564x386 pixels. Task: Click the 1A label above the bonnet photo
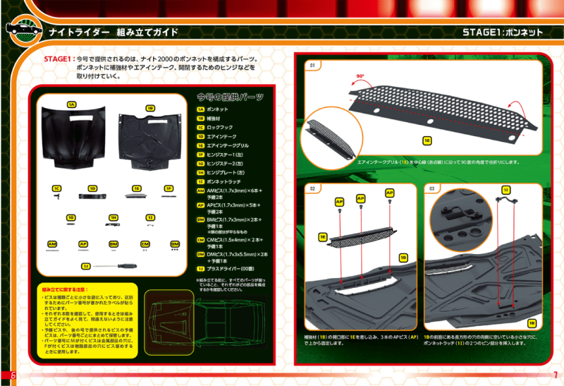point(71,104)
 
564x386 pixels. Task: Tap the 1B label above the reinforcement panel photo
point(150,109)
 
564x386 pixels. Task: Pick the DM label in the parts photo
point(175,244)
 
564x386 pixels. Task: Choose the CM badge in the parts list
point(201,240)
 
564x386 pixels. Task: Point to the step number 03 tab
point(432,188)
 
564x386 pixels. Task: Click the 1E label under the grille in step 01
point(427,140)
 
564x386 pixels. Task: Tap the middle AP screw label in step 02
point(362,198)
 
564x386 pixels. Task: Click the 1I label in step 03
point(505,191)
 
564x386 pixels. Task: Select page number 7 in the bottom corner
point(556,374)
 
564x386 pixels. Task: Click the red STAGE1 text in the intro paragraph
point(59,60)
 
